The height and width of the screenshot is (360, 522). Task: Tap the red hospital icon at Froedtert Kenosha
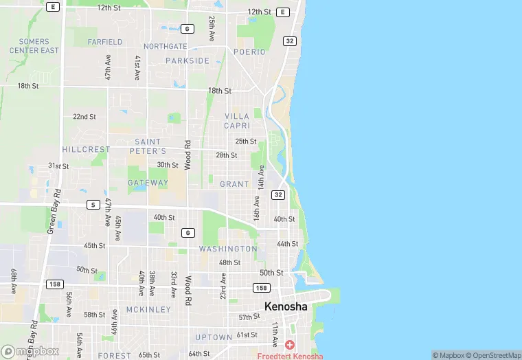tap(290, 344)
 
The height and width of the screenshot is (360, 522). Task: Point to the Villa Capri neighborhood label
tap(237, 121)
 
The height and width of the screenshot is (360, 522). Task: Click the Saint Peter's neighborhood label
tap(148, 146)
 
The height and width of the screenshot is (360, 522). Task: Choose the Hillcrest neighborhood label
tap(86, 149)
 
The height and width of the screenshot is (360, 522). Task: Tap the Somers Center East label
tap(34, 46)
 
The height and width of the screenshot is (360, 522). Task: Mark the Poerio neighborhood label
tap(249, 52)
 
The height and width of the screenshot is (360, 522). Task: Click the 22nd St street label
tap(84, 117)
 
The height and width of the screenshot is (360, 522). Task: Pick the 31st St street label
tap(58, 166)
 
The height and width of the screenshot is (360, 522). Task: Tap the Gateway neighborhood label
tap(148, 183)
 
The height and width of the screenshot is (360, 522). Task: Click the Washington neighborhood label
tap(228, 249)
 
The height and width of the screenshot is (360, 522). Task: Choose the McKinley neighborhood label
tap(148, 310)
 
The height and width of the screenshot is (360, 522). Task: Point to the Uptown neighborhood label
tap(213, 337)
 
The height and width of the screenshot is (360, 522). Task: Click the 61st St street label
tap(247, 335)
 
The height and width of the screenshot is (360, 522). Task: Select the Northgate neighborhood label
tap(166, 47)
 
